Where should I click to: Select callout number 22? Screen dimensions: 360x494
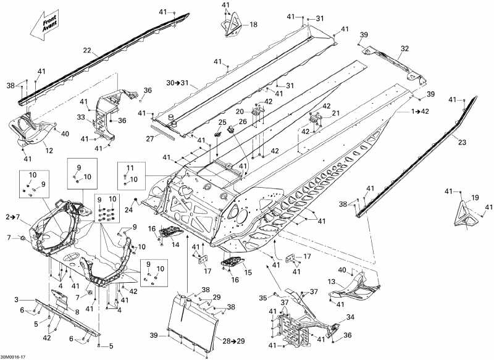click(86, 50)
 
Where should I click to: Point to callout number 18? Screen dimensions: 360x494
click(253, 25)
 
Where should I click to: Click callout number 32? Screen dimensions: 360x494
click(404, 48)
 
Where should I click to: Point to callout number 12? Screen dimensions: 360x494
click(49, 150)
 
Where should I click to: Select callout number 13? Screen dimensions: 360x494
click(332, 282)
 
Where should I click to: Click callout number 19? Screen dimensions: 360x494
click(475, 198)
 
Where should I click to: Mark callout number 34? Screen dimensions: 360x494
click(350, 317)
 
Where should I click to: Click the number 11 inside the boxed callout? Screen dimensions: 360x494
click(130, 168)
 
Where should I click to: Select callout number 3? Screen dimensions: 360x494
click(26, 300)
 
